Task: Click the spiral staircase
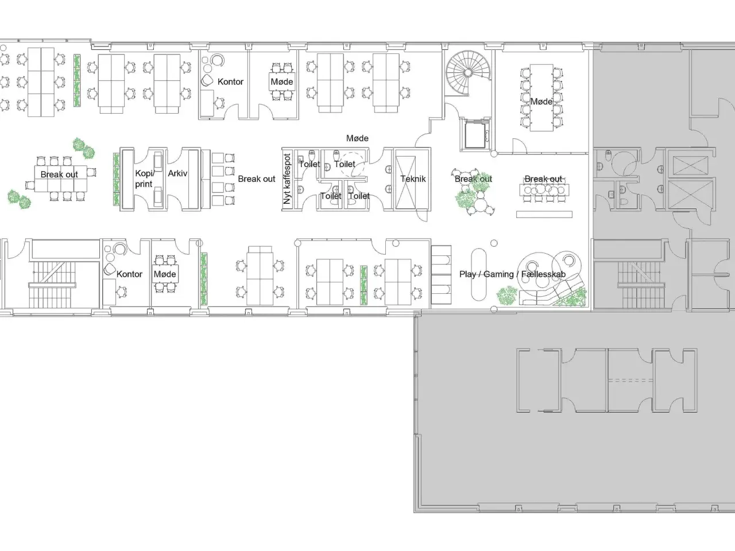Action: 468,72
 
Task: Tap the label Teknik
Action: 413,179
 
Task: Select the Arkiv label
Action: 177,173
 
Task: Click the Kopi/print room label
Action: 144,179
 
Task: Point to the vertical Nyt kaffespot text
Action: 287,179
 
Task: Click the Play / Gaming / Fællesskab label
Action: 512,274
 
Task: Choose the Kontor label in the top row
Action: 230,82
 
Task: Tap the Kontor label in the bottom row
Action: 129,274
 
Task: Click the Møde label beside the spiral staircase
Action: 541,102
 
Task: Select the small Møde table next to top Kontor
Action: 281,82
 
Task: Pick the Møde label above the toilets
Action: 357,138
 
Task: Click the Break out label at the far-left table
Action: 59,174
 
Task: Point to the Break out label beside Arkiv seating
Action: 257,179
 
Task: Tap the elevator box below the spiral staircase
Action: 475,134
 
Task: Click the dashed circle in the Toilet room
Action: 353,164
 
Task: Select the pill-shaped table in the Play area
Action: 478,274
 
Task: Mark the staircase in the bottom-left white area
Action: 52,284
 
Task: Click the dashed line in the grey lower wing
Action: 630,381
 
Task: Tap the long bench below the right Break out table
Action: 544,215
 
